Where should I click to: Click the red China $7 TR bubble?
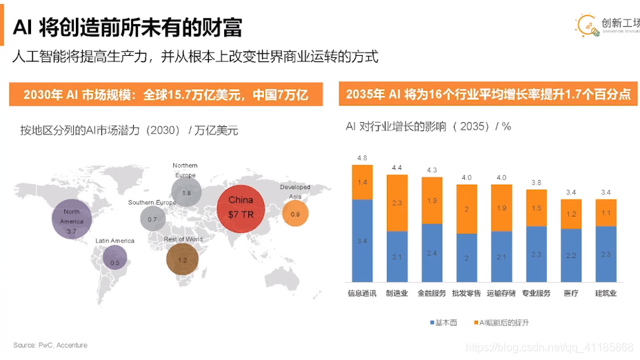coord(241,207)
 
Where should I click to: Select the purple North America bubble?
coord(72,221)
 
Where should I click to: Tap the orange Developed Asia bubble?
coord(295,214)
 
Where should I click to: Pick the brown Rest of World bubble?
coord(182,259)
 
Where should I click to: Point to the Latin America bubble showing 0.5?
coord(114,258)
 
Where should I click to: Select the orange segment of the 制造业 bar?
coord(397,203)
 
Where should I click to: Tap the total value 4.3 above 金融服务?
coord(432,170)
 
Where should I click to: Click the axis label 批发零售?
coord(467,294)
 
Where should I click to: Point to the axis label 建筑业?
coord(606,294)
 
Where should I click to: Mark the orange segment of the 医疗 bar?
coord(571,214)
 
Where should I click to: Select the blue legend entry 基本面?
coord(437,322)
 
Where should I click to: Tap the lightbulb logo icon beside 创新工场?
coord(587,26)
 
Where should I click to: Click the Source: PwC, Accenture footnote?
coord(50,345)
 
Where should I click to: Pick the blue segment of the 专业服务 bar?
coord(537,254)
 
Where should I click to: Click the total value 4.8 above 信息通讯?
coord(362,158)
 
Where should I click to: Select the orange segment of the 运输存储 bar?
coord(501,208)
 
